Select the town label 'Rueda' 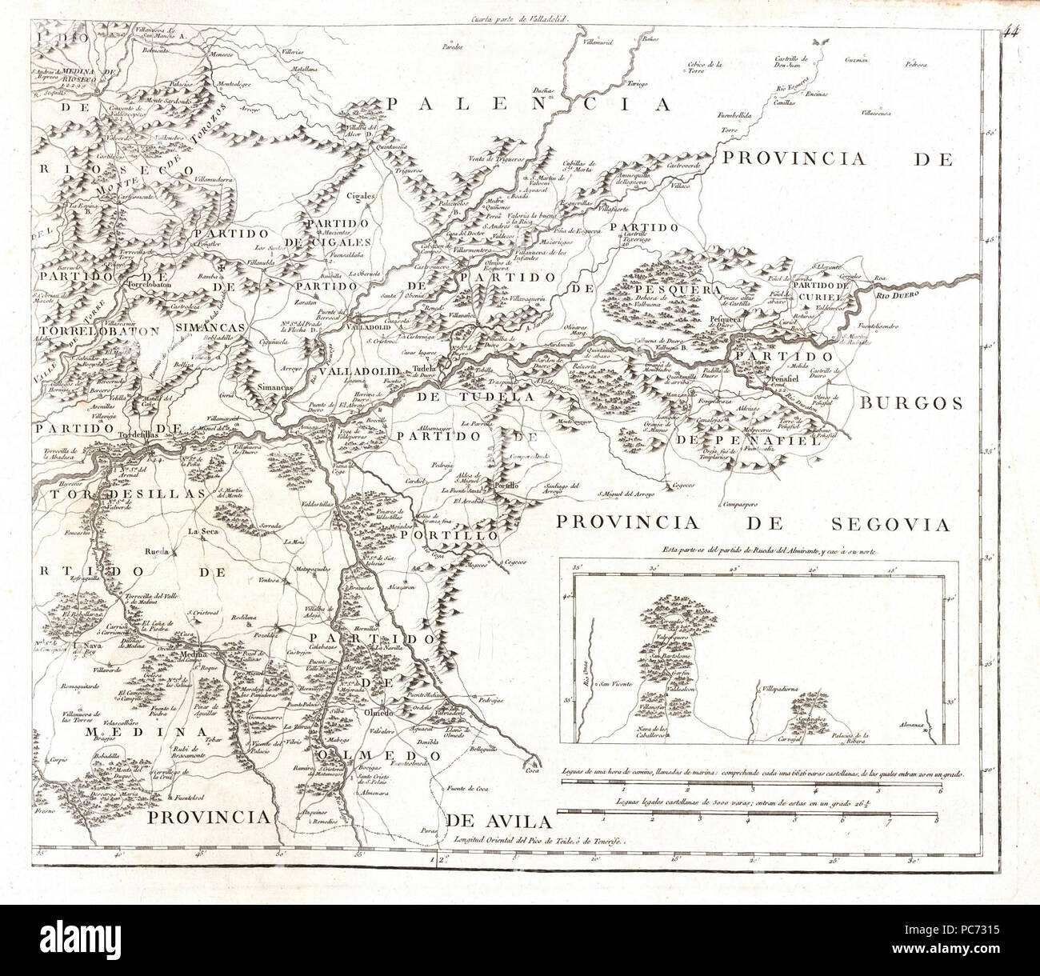157,551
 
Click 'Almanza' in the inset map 910,726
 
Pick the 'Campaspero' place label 740,505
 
